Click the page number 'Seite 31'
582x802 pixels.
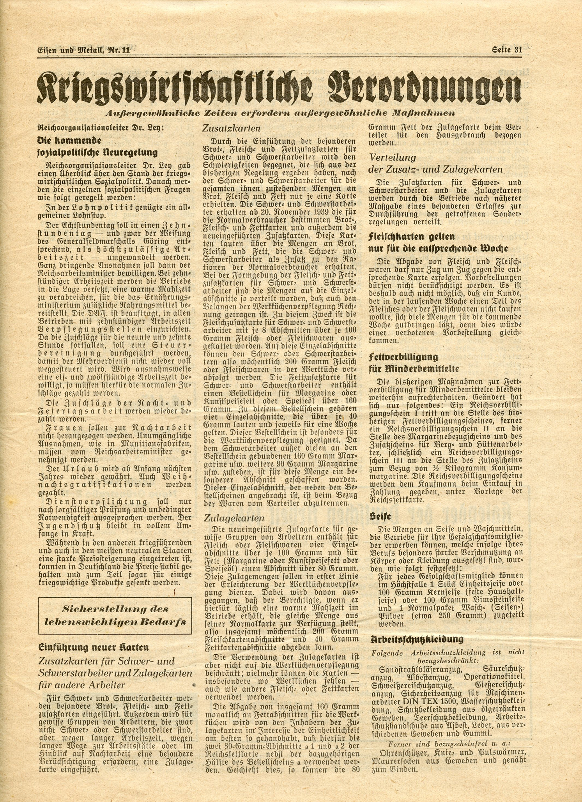click(x=506, y=50)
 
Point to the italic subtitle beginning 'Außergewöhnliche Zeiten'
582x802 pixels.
click(x=280, y=113)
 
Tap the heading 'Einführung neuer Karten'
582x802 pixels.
click(x=94, y=648)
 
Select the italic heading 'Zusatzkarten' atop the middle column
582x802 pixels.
click(x=232, y=128)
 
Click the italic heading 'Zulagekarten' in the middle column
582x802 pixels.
click(x=234, y=518)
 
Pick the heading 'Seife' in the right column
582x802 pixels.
click(x=380, y=517)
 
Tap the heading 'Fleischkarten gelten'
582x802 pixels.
click(x=411, y=236)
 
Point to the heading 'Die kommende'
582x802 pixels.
click(x=69, y=140)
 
